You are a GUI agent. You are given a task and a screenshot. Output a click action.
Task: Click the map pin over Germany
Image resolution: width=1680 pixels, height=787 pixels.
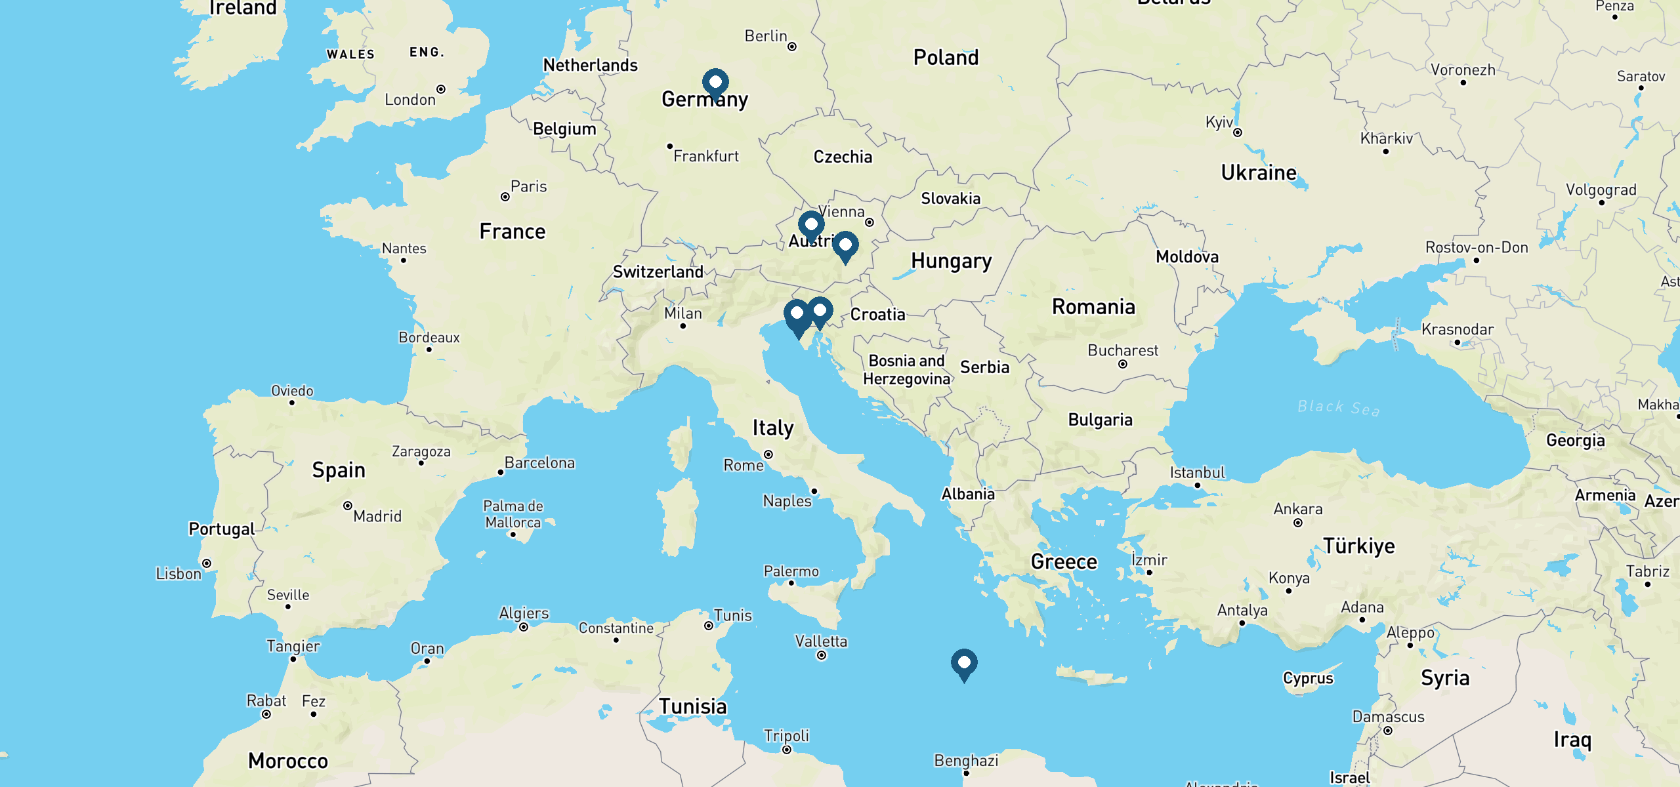[715, 83]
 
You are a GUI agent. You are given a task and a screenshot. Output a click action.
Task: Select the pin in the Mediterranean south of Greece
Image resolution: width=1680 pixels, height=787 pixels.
[964, 664]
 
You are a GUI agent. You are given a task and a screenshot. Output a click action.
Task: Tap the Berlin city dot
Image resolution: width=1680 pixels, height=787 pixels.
[792, 47]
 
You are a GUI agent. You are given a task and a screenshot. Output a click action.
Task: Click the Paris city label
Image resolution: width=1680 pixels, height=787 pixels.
[528, 187]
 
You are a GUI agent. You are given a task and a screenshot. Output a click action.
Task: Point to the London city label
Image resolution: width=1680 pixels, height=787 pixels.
[409, 100]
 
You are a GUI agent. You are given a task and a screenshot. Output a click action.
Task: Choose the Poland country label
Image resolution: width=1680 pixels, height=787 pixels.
[946, 58]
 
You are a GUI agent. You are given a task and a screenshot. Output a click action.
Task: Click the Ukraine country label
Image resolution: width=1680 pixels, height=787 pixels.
[1258, 172]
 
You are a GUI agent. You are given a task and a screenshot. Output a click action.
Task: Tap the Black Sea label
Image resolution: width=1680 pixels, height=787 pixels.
[1338, 408]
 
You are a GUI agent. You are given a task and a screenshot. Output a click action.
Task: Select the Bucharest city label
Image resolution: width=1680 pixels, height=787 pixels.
[1122, 350]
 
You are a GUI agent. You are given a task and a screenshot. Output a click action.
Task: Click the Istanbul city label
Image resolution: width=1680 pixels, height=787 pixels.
[1197, 472]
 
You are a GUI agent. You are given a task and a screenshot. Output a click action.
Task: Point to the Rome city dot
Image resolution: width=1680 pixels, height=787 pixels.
[768, 454]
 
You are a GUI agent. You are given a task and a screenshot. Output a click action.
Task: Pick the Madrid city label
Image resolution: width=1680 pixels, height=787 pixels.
[377, 517]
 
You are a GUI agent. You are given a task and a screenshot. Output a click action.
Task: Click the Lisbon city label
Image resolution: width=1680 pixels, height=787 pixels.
[178, 574]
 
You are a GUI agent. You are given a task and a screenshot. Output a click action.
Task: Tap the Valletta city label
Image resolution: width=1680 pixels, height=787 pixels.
[821, 641]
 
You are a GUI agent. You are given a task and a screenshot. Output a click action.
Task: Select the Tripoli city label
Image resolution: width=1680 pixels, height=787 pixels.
[786, 735]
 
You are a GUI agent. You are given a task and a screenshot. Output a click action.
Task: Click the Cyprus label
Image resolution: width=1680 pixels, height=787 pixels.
[1308, 678]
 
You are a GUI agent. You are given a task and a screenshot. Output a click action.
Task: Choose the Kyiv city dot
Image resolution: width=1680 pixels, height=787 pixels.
[1238, 132]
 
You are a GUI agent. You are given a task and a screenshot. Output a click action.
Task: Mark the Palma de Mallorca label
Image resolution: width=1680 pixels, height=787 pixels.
[513, 514]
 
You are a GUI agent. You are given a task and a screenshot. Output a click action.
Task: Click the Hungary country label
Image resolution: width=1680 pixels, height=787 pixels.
[951, 261]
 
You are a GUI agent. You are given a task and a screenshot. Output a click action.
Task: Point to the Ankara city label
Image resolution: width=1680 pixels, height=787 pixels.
[1297, 509]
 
